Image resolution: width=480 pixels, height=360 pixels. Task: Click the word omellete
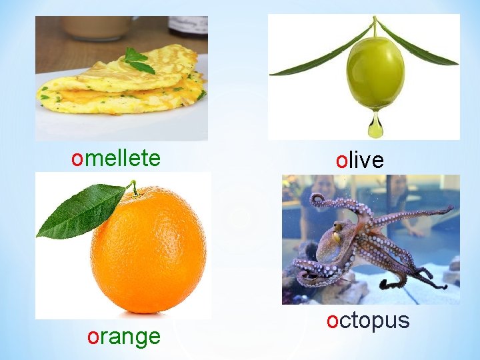point(116,159)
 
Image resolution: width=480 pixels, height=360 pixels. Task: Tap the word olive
point(360,160)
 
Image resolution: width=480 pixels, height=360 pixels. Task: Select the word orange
point(124,337)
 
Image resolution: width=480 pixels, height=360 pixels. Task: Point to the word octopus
point(368,321)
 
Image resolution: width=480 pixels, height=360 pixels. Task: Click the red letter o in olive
point(341,161)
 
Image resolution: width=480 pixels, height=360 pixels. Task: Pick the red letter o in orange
point(93,337)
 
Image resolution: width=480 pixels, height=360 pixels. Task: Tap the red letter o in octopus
point(333,321)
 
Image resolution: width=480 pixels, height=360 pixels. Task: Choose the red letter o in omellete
point(77,159)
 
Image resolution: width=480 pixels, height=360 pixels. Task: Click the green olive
point(375,73)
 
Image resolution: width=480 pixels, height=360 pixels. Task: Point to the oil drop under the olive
point(376,125)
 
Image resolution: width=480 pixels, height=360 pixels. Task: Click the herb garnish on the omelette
point(139,60)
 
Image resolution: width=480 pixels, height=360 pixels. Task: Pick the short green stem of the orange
point(134,187)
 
